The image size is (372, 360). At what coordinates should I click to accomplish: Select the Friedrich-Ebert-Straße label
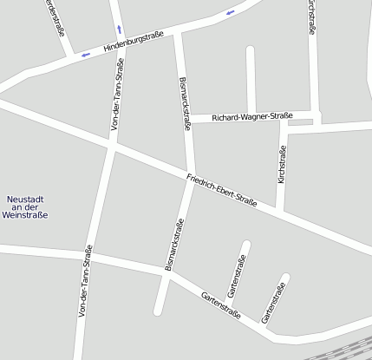pos(222,192)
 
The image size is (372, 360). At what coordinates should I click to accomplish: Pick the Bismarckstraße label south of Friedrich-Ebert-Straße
pos(175,245)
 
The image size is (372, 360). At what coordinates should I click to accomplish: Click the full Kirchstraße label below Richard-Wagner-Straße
pos(282,165)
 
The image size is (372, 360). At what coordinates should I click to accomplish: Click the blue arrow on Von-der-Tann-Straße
pos(120,29)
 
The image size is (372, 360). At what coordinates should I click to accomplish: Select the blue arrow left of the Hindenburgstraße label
pos(85,55)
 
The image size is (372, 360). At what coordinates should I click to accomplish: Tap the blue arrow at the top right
pos(230,12)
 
